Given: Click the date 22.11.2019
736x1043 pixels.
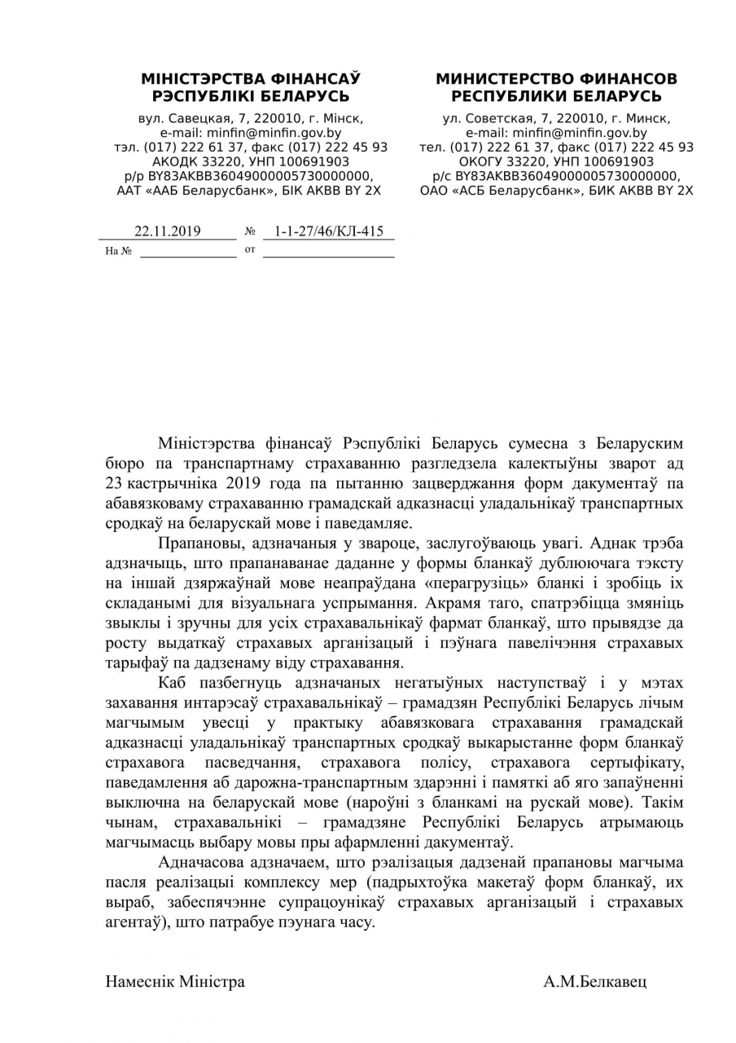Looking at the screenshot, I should (168, 231).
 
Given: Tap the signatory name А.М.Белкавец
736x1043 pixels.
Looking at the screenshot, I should (595, 981).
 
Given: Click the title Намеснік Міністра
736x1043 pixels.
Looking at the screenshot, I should (175, 981).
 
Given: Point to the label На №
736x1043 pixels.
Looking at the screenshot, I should (118, 251).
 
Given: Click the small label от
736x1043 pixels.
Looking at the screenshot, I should (250, 249).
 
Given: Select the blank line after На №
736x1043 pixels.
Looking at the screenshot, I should (187, 254).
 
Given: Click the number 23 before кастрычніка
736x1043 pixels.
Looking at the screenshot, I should (114, 483).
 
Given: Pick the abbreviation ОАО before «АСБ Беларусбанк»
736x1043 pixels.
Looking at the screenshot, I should (436, 190).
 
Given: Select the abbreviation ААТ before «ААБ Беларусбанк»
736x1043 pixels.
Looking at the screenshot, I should (133, 190).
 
